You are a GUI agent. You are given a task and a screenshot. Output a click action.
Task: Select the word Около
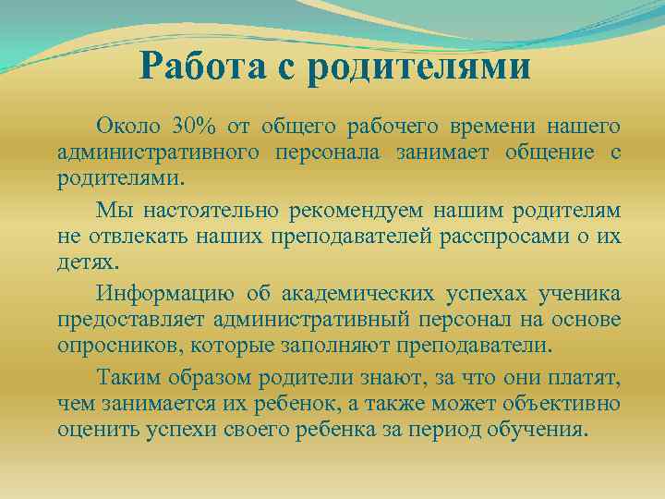[127, 125]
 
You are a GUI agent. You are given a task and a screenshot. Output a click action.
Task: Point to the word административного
[158, 151]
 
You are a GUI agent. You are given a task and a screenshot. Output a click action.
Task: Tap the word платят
[589, 379]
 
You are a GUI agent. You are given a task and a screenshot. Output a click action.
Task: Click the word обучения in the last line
[539, 431]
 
